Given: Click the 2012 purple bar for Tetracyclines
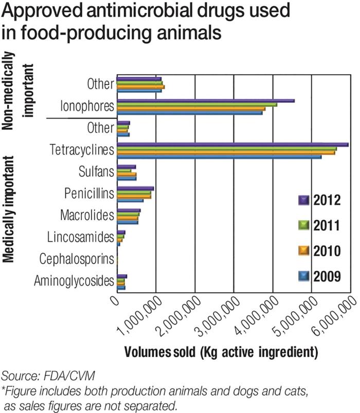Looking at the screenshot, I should (x=232, y=144).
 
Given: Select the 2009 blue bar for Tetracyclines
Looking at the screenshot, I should (x=219, y=157).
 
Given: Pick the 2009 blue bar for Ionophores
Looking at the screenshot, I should (x=189, y=112).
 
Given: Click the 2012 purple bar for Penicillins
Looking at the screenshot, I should (x=135, y=189).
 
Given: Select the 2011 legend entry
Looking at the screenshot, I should (x=319, y=225).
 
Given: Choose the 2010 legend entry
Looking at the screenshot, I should (x=319, y=251).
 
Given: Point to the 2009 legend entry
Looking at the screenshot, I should (x=319, y=276).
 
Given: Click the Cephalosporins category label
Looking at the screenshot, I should (x=76, y=259).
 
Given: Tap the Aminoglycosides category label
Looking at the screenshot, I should (x=74, y=280).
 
